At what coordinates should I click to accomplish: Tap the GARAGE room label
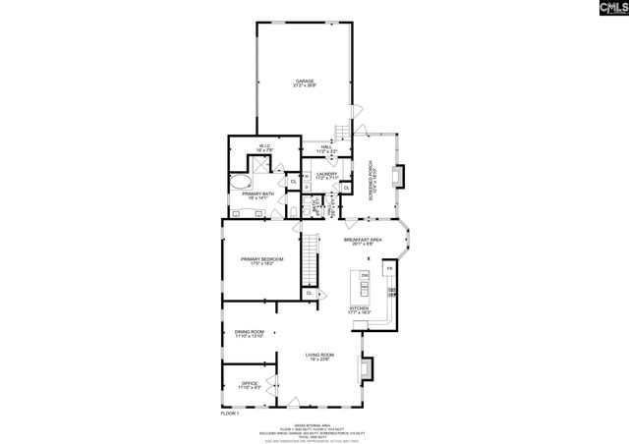click(306, 83)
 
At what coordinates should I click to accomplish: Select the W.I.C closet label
click(264, 149)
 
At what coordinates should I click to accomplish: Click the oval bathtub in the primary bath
click(241, 183)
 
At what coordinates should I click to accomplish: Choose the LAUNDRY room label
click(327, 176)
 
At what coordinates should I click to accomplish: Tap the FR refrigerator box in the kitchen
click(389, 268)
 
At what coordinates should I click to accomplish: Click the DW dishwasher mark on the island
click(365, 276)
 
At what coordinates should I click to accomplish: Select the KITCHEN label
click(361, 310)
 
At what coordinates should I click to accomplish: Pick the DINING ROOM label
click(249, 334)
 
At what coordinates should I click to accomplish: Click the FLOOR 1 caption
click(231, 416)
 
